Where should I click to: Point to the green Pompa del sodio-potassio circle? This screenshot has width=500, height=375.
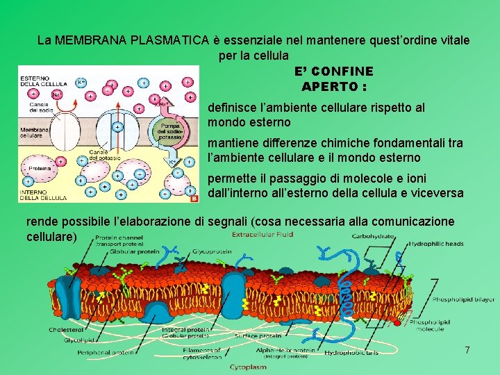coord(170,128)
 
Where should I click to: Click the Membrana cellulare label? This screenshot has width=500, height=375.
coord(35,133)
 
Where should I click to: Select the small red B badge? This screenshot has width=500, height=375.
coord(194,198)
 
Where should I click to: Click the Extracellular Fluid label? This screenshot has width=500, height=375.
coord(262,235)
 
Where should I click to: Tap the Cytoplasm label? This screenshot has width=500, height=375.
coord(248,366)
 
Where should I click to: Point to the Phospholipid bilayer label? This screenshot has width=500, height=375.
coord(463,299)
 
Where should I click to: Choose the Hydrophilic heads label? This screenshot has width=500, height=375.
coord(436,244)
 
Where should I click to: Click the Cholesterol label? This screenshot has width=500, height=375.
coord(67,329)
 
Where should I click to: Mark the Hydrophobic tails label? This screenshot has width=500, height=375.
coord(353,352)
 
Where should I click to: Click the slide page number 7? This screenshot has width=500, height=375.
coord(467,351)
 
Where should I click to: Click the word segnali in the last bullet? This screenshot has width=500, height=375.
coord(226,222)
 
